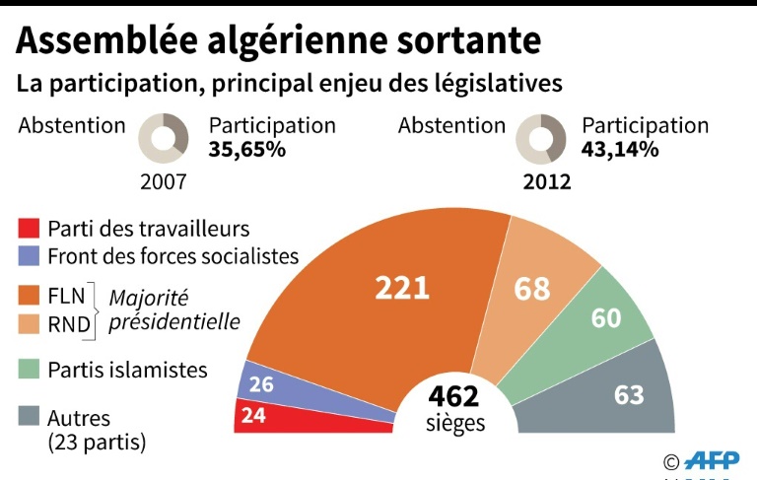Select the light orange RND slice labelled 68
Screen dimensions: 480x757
pyautogui.click(x=532, y=288)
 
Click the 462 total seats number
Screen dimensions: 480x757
pyautogui.click(x=454, y=396)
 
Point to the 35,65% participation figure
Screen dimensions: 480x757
pyautogui.click(x=247, y=151)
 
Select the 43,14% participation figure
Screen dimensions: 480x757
pyautogui.click(x=620, y=151)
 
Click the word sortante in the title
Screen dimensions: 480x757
pyautogui.click(x=458, y=40)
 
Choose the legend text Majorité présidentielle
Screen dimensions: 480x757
pyautogui.click(x=174, y=309)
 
